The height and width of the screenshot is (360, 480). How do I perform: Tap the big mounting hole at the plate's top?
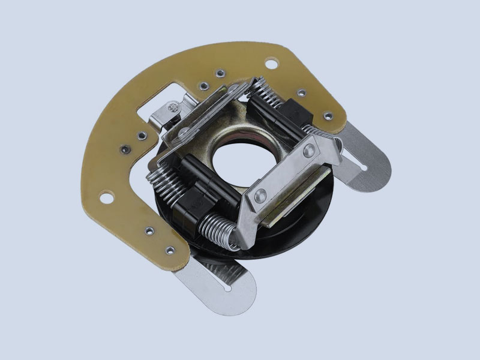pos(271,61)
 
